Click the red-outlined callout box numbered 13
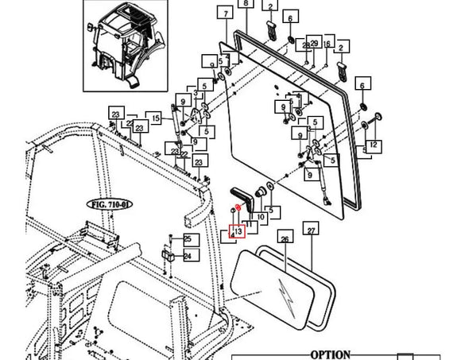(x=237, y=232)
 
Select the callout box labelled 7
(x=226, y=15)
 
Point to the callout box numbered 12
(x=373, y=145)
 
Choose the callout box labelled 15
(x=156, y=118)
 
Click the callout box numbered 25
(x=188, y=239)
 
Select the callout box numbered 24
(x=188, y=256)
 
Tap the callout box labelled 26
(x=284, y=238)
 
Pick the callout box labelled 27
(x=312, y=230)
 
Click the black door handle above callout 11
(x=242, y=195)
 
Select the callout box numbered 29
(x=315, y=43)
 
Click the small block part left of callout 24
(x=169, y=257)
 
